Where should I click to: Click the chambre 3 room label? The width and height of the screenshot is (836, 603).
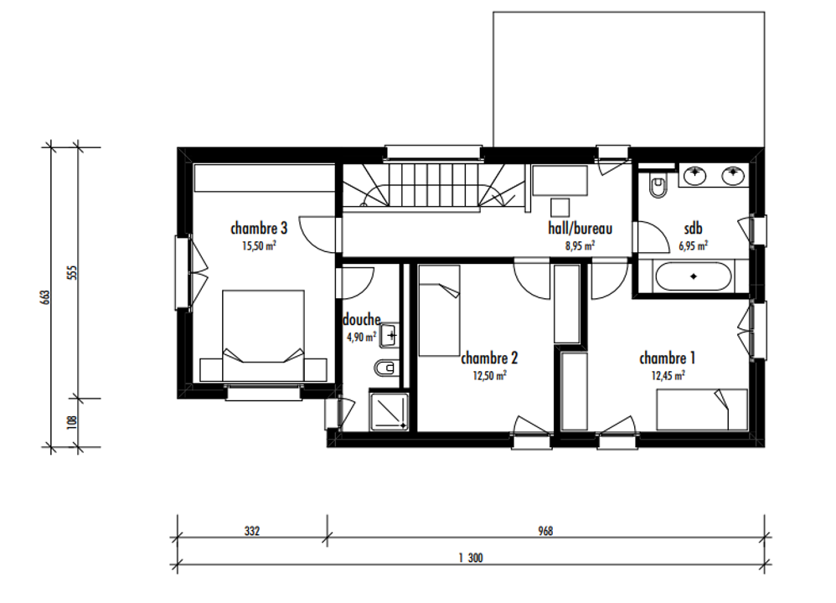pos(259,228)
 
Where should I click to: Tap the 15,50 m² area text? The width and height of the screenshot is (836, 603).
pos(259,245)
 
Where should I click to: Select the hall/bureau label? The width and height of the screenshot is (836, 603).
pos(580,228)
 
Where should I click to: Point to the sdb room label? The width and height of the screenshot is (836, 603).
pos(693,229)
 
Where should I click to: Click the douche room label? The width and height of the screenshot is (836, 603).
pos(362,319)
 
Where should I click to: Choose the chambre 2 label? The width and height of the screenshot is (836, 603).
pos(489,358)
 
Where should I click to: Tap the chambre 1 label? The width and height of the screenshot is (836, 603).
pos(668,358)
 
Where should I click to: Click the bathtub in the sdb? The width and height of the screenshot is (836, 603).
pos(693,276)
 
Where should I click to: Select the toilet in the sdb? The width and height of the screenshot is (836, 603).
pos(659,186)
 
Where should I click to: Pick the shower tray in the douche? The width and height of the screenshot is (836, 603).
pos(389,411)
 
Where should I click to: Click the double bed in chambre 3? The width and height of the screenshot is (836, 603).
pos(263,336)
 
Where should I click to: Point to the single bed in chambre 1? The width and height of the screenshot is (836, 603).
pos(702,410)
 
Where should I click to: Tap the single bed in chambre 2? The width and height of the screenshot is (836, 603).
pos(439,311)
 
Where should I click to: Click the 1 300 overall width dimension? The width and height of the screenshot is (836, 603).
pos(471,558)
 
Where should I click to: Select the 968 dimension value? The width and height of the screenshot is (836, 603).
pos(545,531)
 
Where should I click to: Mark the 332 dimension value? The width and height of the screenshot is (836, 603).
pos(252,531)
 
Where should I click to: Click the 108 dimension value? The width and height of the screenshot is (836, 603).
pos(73,422)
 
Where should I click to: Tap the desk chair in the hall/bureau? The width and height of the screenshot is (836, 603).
pos(560,208)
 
